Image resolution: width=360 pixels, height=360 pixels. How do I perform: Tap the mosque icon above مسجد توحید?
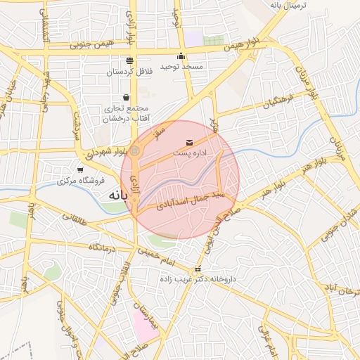pos(181,56)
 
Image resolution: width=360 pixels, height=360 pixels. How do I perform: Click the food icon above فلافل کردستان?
pos(129,61)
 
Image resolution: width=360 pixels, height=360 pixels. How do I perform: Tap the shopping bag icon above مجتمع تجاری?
pos(126,97)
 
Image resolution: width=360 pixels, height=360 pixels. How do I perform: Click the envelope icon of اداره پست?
pos(188,143)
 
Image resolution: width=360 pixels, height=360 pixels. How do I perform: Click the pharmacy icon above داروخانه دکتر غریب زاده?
pos(198,269)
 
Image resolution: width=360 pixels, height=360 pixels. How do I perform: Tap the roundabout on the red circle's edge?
pos(135,150)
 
